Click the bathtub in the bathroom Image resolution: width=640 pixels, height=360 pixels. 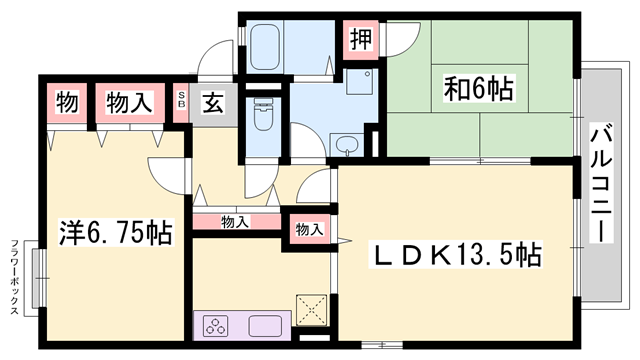(x=265, y=46)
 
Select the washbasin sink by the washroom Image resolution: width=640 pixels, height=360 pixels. (x=347, y=146)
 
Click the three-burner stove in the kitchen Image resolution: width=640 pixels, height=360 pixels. (x=217, y=325)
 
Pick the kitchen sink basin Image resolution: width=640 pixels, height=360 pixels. (x=268, y=325)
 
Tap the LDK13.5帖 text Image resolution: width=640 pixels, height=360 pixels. (x=457, y=256)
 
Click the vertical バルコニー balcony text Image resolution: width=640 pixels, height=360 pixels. (x=601, y=180)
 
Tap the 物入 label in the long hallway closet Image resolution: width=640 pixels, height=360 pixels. (x=235, y=222)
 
